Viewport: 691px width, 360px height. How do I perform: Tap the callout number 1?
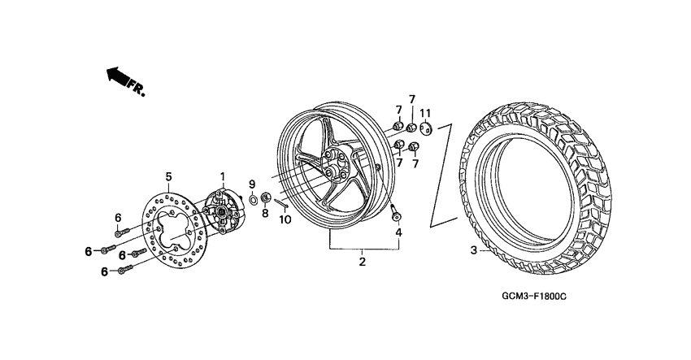click(x=220, y=176)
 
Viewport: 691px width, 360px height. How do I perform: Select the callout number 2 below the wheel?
click(x=363, y=261)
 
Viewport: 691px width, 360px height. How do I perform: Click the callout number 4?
click(x=398, y=233)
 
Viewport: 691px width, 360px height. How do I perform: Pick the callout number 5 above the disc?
click(x=168, y=176)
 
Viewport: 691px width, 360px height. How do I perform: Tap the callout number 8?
click(x=265, y=214)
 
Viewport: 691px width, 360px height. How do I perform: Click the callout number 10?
click(x=285, y=219)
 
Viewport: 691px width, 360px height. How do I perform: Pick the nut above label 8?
click(x=265, y=197)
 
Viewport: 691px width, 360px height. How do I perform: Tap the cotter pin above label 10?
click(x=281, y=203)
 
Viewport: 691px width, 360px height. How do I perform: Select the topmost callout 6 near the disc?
click(x=118, y=217)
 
